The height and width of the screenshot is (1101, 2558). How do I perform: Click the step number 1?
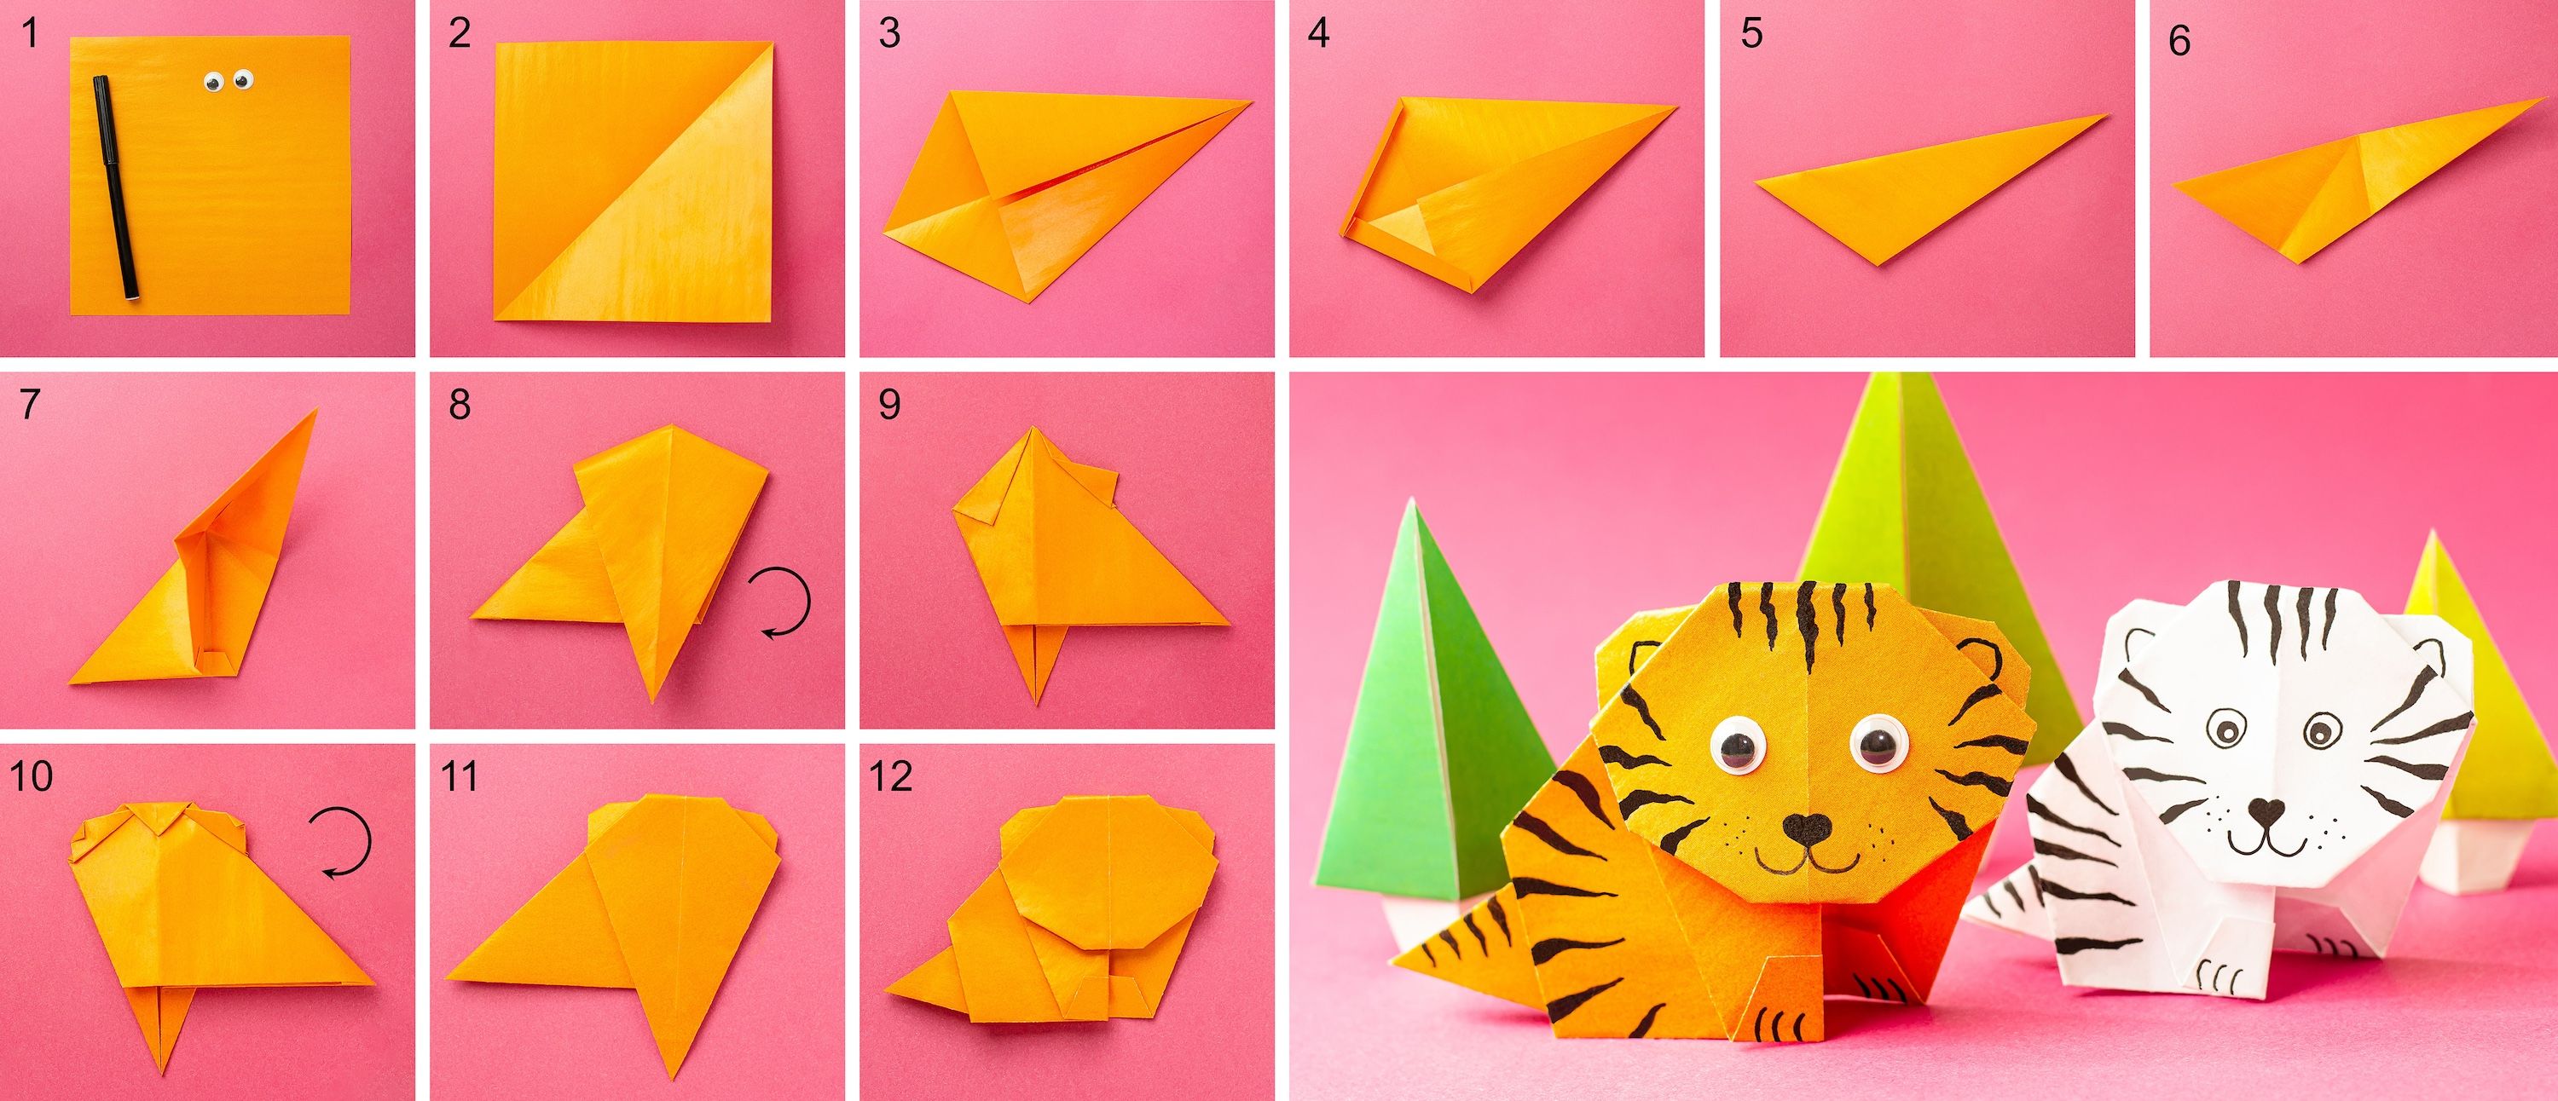pos(30,34)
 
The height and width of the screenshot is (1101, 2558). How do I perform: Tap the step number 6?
pos(2179,41)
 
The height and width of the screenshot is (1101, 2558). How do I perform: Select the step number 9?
pos(888,405)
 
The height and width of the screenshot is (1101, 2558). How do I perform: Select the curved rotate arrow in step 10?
pos(339,842)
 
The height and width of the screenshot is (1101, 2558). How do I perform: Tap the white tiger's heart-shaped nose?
pos(2264,812)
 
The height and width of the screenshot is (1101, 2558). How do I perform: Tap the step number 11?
pos(459,776)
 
